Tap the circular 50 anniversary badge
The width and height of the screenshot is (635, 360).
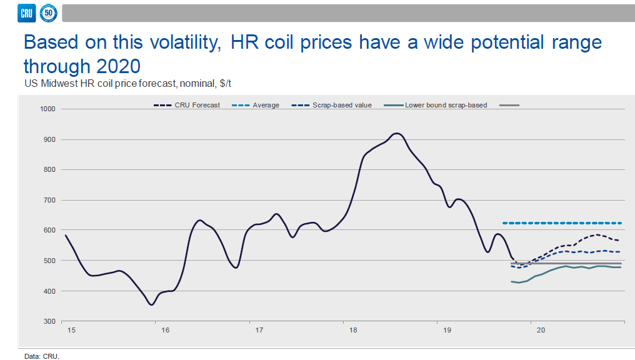(x=48, y=12)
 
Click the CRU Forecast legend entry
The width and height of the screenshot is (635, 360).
(x=187, y=105)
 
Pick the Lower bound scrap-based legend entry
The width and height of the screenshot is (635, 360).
(x=437, y=105)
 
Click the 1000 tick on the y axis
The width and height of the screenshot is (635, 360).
(x=49, y=109)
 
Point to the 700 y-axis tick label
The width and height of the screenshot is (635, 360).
(x=51, y=200)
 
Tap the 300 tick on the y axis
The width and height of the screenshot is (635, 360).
(x=51, y=321)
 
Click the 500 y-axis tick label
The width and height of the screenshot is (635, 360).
(x=51, y=261)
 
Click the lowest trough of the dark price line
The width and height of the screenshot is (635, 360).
(x=151, y=304)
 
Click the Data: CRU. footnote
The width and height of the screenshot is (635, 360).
(x=42, y=356)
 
